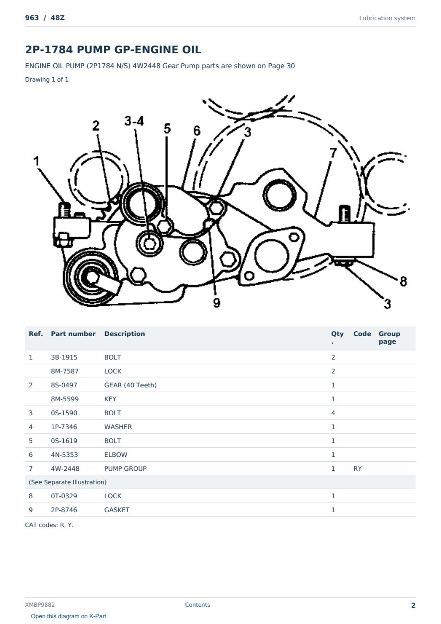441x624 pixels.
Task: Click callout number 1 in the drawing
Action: [36, 161]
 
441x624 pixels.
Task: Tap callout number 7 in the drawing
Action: [333, 153]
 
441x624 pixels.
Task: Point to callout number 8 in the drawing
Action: [403, 281]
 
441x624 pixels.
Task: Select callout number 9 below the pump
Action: [217, 302]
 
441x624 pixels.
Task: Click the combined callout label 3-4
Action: [134, 121]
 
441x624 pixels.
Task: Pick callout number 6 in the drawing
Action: [197, 131]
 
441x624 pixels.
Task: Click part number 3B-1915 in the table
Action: [64, 357]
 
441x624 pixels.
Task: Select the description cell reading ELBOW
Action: [116, 455]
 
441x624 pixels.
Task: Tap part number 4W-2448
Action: [65, 468]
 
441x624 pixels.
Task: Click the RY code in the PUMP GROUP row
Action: [357, 468]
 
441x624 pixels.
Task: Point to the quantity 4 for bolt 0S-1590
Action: [333, 413]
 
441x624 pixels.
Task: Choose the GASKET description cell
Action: [116, 510]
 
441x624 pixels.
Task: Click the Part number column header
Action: [73, 334]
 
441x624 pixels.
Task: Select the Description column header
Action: [124, 334]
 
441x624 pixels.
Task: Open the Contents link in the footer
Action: [197, 604]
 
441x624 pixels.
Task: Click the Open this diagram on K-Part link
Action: [69, 616]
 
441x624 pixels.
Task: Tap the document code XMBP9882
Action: [40, 605]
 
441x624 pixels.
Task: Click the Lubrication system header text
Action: [387, 18]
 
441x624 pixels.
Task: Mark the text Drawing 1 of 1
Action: [46, 79]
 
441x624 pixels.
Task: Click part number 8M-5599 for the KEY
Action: [65, 399]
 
